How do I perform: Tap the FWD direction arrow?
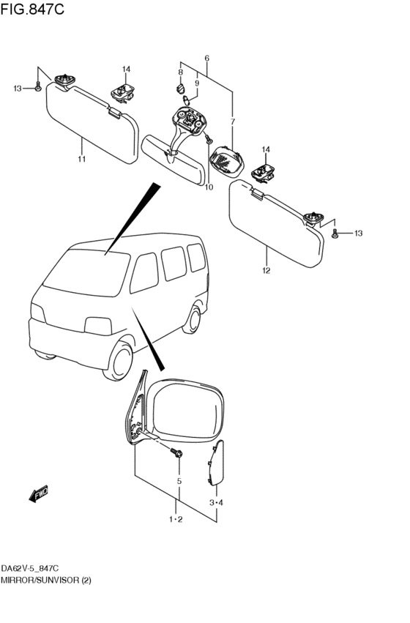click(x=39, y=494)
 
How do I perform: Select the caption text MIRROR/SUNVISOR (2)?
click(x=45, y=579)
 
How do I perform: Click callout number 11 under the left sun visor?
click(x=81, y=159)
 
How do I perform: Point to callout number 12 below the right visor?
click(x=266, y=271)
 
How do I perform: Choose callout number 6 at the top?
click(x=207, y=58)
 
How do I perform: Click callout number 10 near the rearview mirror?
click(x=209, y=187)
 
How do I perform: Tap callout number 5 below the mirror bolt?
click(x=179, y=482)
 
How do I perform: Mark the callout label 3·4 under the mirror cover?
click(x=216, y=502)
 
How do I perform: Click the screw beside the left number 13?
click(x=37, y=88)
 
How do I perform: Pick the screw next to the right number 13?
click(x=335, y=234)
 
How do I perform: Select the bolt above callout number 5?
click(x=178, y=455)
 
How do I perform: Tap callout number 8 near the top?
click(x=179, y=72)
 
